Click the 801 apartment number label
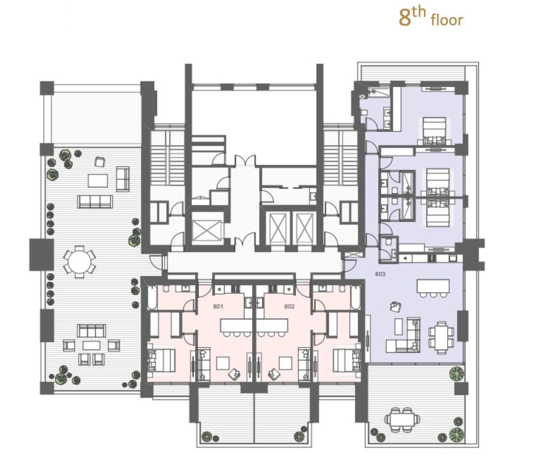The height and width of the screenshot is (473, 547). (x=218, y=307)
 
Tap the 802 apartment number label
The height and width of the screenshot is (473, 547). (x=289, y=307)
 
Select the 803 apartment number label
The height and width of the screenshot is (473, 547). (x=380, y=274)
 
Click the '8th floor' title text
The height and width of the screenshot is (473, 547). (x=431, y=18)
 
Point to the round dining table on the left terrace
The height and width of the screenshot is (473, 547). (x=79, y=262)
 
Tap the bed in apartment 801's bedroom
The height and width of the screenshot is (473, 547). (x=161, y=360)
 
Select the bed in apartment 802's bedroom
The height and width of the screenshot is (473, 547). (x=347, y=360)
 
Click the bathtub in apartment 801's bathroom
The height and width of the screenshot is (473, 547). (x=152, y=297)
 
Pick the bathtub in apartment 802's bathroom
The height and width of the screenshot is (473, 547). (x=356, y=297)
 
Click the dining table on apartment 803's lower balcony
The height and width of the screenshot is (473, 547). (x=402, y=419)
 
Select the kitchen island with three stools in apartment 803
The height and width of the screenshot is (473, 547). (x=433, y=288)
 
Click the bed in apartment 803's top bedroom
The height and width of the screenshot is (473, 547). (x=434, y=131)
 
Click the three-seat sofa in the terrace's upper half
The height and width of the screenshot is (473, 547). (x=95, y=202)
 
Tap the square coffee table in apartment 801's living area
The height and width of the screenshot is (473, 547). (x=223, y=363)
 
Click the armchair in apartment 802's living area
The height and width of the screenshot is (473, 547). (x=275, y=374)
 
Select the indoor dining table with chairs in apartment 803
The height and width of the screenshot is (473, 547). (x=441, y=338)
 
